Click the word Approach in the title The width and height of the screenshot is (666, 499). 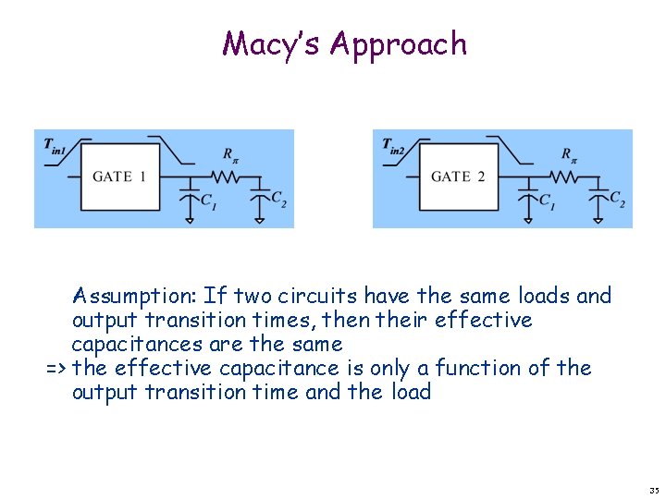399,45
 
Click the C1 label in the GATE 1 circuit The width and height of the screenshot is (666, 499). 209,201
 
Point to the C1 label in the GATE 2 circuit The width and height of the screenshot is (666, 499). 548,201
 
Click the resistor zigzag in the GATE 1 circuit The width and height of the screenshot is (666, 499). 224,176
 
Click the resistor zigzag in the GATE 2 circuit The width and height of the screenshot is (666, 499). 562,176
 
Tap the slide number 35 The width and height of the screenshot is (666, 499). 654,490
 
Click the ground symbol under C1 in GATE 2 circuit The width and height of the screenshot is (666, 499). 528,219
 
